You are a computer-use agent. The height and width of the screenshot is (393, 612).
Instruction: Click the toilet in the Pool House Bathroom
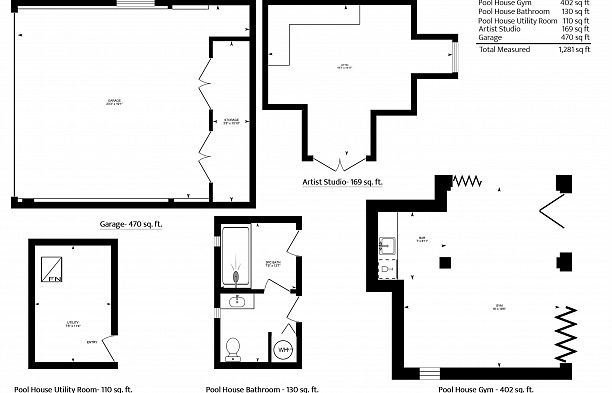point(234,347)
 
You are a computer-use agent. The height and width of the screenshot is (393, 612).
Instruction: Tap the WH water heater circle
point(283,351)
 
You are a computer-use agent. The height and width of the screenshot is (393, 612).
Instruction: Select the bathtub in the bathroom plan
point(236,256)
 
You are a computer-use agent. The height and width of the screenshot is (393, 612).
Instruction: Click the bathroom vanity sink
point(238,301)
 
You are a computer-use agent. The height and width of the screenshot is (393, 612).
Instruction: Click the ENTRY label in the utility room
point(92,343)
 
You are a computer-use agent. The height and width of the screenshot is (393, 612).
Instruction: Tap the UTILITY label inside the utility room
point(73,322)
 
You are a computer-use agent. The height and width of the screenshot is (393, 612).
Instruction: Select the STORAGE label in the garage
point(231,123)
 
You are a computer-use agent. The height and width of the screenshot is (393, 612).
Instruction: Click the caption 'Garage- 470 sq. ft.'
point(131,224)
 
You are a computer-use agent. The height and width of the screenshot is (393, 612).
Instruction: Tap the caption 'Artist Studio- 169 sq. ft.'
point(342,183)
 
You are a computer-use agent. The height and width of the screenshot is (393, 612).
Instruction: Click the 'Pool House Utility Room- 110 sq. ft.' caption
point(73,388)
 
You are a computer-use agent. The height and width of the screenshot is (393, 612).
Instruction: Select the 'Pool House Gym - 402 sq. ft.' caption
point(487,388)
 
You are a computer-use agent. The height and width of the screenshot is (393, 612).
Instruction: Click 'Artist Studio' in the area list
point(499,29)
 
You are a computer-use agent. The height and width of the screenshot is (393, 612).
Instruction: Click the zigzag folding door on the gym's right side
point(567,330)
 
